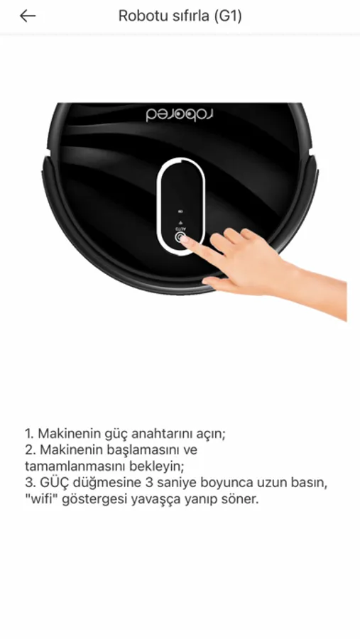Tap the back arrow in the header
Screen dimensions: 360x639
tap(28, 16)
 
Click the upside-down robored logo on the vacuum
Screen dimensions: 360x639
tap(180, 114)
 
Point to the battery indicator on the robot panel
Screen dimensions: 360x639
tap(180, 212)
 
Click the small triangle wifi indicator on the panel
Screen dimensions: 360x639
tap(180, 223)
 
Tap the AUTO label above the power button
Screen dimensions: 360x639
tap(180, 229)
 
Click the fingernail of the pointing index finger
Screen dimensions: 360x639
tap(185, 239)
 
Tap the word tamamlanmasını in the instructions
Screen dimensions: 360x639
tap(65, 466)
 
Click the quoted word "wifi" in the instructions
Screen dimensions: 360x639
tap(41, 499)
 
